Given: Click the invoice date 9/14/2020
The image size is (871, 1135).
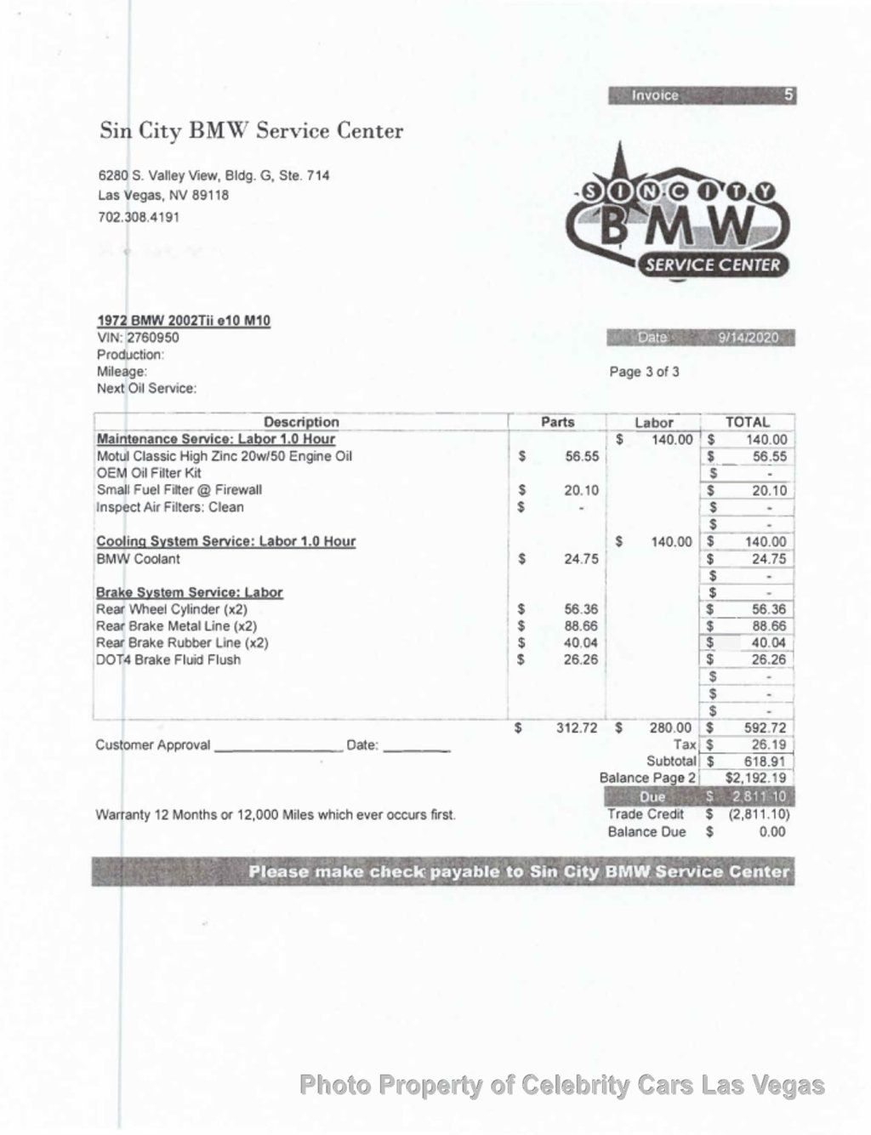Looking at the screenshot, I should [748, 338].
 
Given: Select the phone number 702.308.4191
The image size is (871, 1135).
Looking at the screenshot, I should [139, 216].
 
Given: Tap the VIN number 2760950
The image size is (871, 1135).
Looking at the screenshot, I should [153, 337].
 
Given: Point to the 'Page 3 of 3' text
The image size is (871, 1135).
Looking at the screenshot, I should [644, 372].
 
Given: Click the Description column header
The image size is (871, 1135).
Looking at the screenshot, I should [301, 422].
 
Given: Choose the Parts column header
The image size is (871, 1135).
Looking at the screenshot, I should [557, 422].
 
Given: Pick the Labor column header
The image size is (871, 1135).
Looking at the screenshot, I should [653, 422].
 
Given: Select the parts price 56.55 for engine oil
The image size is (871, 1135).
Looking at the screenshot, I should [582, 456].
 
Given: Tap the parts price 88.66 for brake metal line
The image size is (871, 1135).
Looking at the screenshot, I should [581, 626].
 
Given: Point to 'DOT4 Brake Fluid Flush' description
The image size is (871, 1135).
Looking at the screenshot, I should [168, 659].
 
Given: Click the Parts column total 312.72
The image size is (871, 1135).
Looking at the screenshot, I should [577, 727].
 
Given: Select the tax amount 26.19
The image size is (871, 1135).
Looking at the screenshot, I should [769, 744].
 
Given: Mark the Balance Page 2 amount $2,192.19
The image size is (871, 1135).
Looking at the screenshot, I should [755, 778].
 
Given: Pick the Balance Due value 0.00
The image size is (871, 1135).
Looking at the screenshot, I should [771, 831].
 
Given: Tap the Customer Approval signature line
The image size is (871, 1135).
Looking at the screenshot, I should [277, 747].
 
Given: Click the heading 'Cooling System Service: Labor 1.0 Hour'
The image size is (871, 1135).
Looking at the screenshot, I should [225, 541].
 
